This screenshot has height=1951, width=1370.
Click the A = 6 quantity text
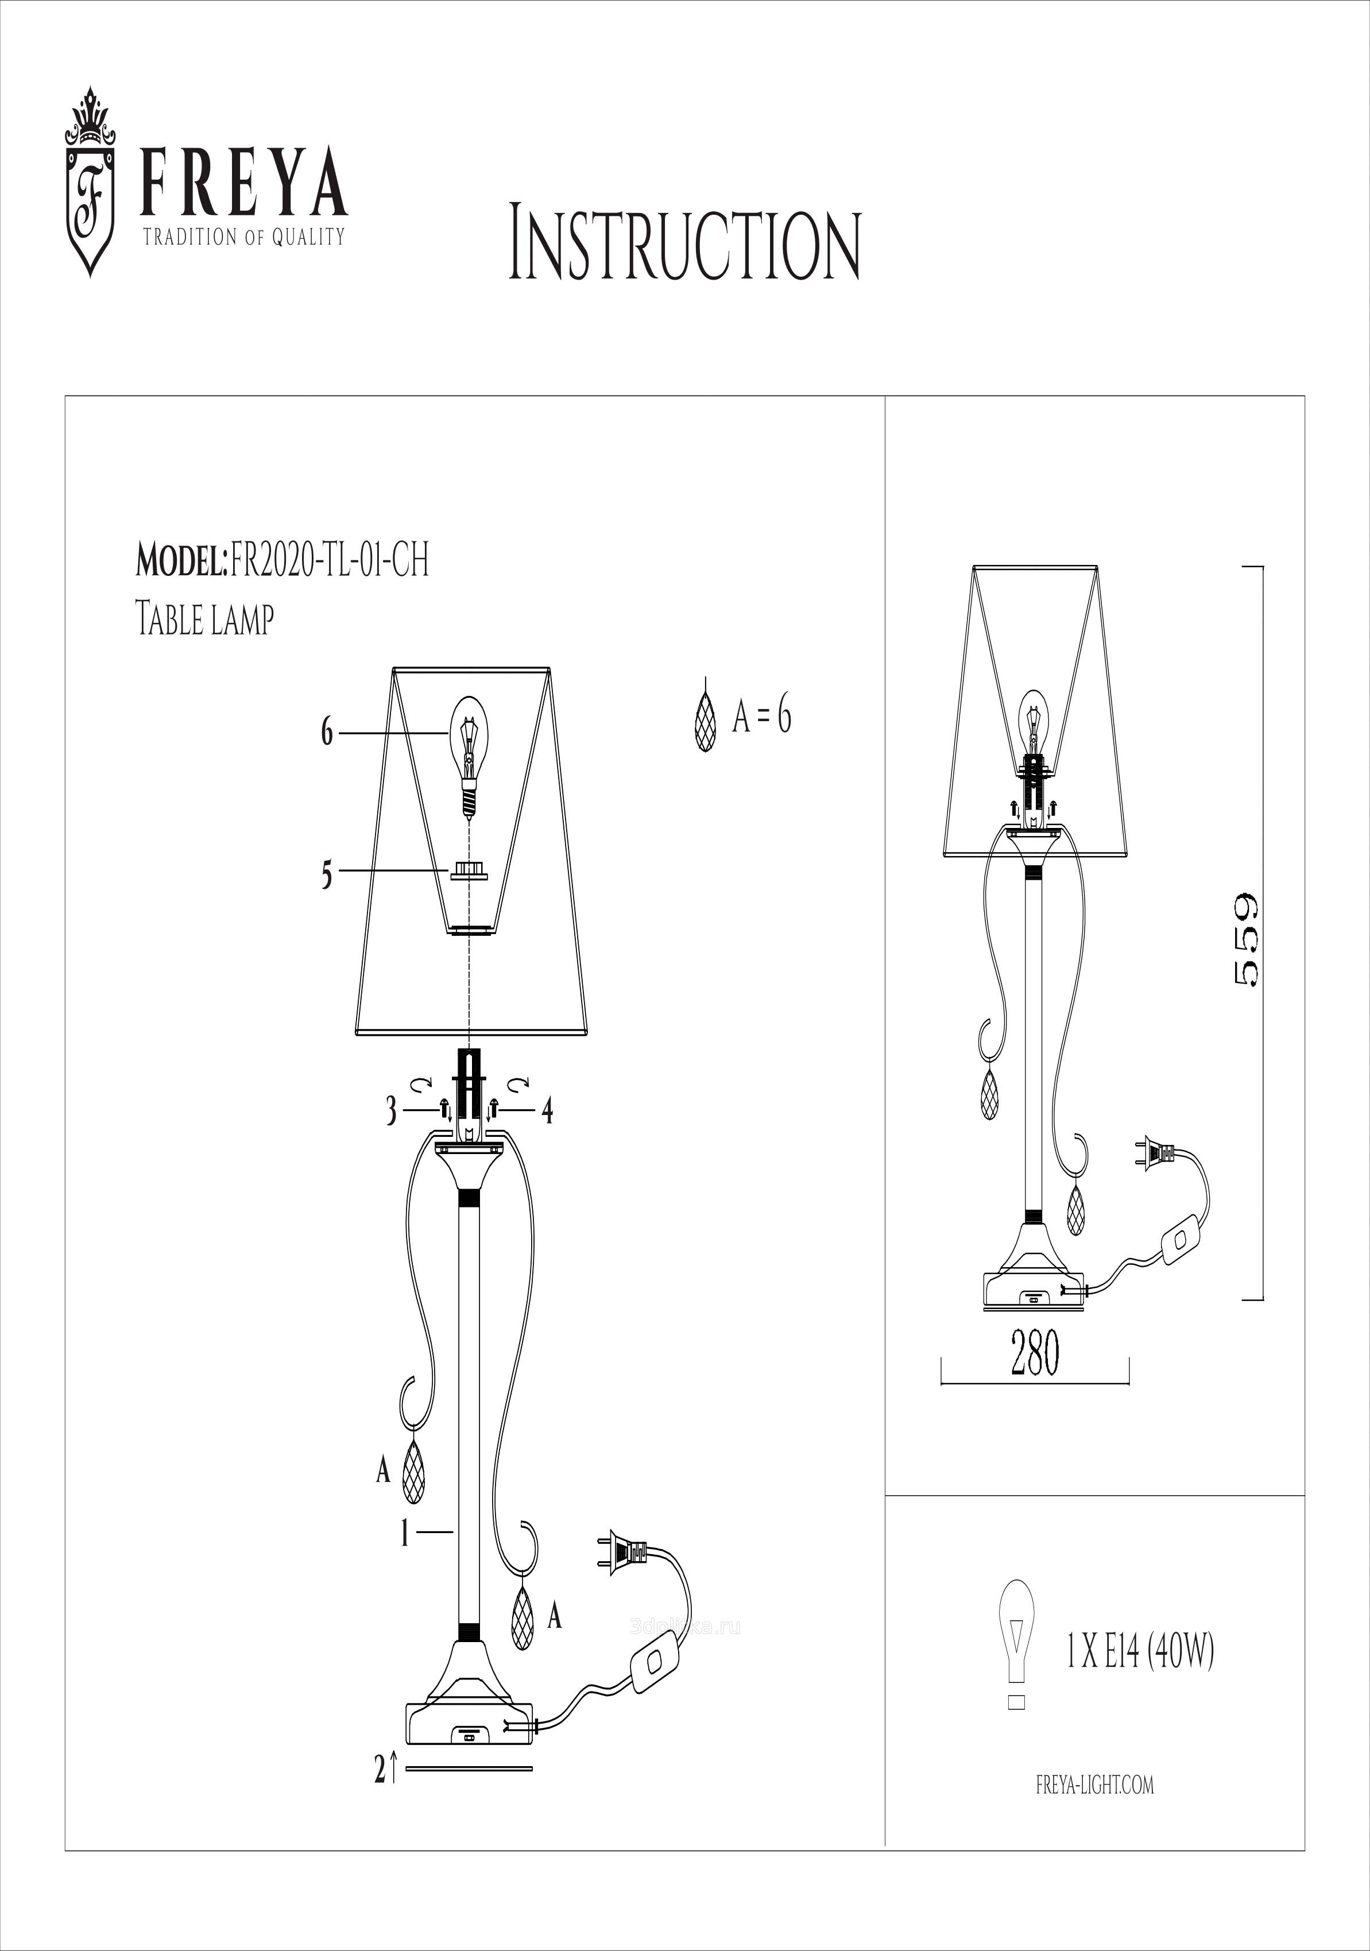pos(761,717)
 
